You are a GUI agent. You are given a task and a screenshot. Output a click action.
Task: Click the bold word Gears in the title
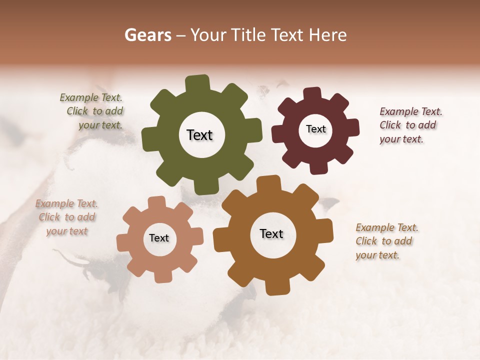147,35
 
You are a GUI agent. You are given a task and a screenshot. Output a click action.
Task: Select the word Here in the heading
327,35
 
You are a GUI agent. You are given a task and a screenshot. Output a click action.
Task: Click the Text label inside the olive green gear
199,135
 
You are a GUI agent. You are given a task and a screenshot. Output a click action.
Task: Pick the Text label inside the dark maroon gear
315,129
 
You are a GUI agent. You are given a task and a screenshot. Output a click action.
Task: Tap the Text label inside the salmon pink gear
159,238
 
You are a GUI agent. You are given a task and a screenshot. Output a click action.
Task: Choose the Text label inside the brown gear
271,233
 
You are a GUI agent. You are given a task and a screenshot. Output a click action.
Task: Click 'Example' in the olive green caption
79,98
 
